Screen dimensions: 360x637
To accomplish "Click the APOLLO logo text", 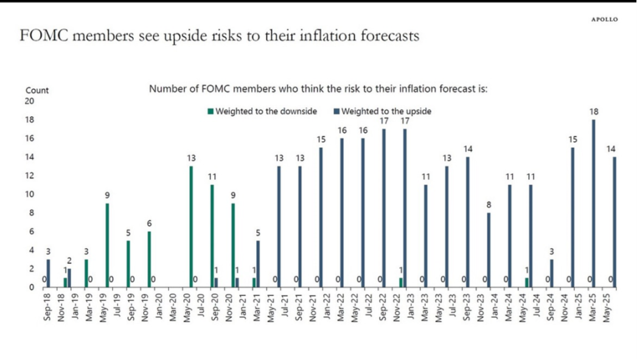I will click(x=604, y=19).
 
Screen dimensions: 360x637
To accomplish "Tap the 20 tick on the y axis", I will click(x=29, y=101).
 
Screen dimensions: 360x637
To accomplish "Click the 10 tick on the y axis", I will click(x=29, y=194).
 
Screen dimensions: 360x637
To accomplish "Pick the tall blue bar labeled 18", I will click(x=594, y=203).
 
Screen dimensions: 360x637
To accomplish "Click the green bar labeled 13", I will click(x=191, y=226).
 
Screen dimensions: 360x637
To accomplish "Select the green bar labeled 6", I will click(x=149, y=259).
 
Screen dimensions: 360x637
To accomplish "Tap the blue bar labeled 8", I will click(x=489, y=250).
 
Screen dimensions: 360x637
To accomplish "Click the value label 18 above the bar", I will click(x=594, y=112).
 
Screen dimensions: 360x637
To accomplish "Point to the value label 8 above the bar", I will click(x=489, y=205).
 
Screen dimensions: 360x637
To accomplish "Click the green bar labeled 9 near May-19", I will click(x=107, y=245).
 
